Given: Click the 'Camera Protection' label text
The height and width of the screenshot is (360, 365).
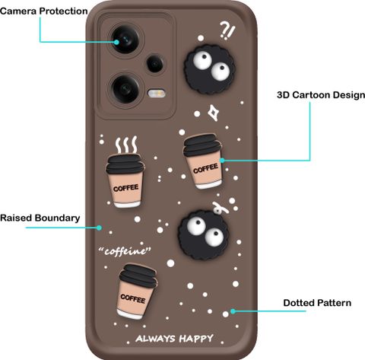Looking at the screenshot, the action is coord(44,11).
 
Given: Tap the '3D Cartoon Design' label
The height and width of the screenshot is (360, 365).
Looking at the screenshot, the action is coord(321,95).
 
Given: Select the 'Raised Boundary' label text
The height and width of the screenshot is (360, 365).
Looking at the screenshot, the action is coord(40,218).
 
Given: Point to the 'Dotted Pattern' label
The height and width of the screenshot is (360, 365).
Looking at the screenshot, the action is coord(317,303).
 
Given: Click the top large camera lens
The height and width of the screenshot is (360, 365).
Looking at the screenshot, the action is coord(125,40).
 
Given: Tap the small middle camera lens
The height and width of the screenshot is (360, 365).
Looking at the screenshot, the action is coord(155,63).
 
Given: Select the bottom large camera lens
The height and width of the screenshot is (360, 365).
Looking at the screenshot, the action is coord(125,88).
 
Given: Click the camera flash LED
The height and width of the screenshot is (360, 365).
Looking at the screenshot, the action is coord(157,93).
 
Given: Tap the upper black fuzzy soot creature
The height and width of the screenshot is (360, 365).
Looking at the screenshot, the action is coord(209,69).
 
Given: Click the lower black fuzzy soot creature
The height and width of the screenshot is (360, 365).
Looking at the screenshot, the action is coord(204,234).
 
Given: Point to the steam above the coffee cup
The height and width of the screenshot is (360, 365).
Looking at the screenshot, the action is coord(126,145).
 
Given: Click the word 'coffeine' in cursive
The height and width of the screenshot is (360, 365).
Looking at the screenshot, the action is coord(125,251).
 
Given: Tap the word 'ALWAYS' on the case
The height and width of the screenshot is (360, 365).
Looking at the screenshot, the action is coord(155,339).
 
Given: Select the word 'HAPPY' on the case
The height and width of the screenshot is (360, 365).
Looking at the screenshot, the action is coord(196,339).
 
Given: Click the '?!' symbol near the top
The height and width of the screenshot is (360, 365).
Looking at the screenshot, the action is coord(227,30).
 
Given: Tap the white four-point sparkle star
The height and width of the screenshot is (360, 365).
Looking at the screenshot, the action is coord(214,113).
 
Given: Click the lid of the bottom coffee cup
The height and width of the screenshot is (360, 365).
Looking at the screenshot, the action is coord(138,274).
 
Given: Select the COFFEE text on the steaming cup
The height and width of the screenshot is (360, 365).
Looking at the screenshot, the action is coord(125,188).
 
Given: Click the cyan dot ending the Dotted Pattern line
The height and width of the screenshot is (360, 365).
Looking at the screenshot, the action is coord(233,311).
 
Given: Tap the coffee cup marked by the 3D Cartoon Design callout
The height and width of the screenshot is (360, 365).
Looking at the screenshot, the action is coord(203,161).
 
